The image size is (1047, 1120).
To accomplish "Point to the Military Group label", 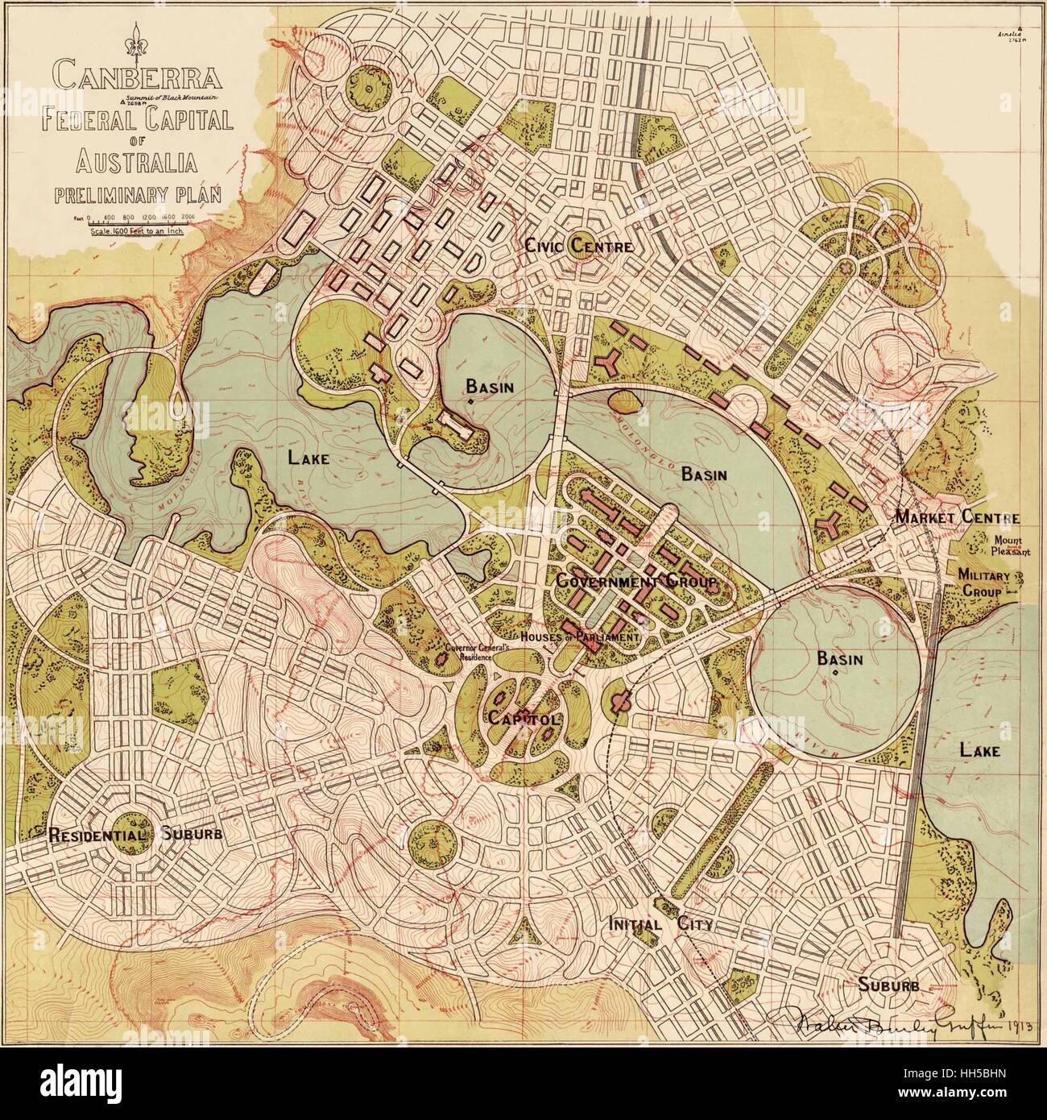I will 979,583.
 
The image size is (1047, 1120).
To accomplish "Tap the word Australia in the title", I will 137,164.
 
